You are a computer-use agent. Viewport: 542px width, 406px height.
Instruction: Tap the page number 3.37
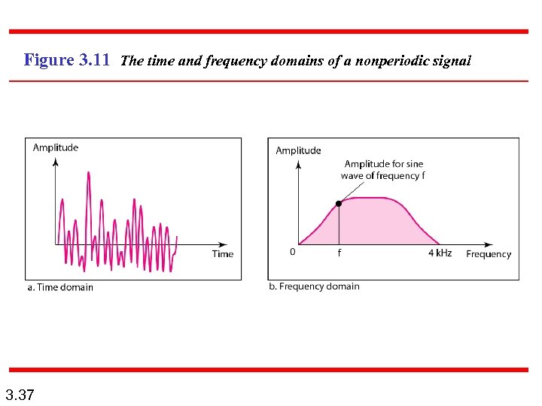click(19, 394)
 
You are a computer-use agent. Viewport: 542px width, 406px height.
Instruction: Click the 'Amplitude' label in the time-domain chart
click(56, 147)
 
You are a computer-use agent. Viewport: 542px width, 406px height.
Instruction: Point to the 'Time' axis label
click(223, 254)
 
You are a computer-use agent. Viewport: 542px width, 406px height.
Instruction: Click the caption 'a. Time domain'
click(60, 286)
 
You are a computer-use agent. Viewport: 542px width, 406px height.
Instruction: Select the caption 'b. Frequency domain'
click(314, 286)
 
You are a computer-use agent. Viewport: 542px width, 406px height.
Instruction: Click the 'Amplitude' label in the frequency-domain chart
click(298, 150)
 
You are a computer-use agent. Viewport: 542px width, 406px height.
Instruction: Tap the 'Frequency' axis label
click(488, 254)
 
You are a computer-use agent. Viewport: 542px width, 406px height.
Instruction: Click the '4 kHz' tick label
click(440, 253)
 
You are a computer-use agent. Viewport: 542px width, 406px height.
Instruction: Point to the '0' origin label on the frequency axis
click(293, 253)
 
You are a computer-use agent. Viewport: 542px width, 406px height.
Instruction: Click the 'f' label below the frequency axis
click(339, 253)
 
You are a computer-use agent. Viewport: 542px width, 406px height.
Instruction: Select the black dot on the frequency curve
click(339, 203)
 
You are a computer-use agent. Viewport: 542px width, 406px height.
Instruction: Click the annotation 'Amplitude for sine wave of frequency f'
click(383, 170)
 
